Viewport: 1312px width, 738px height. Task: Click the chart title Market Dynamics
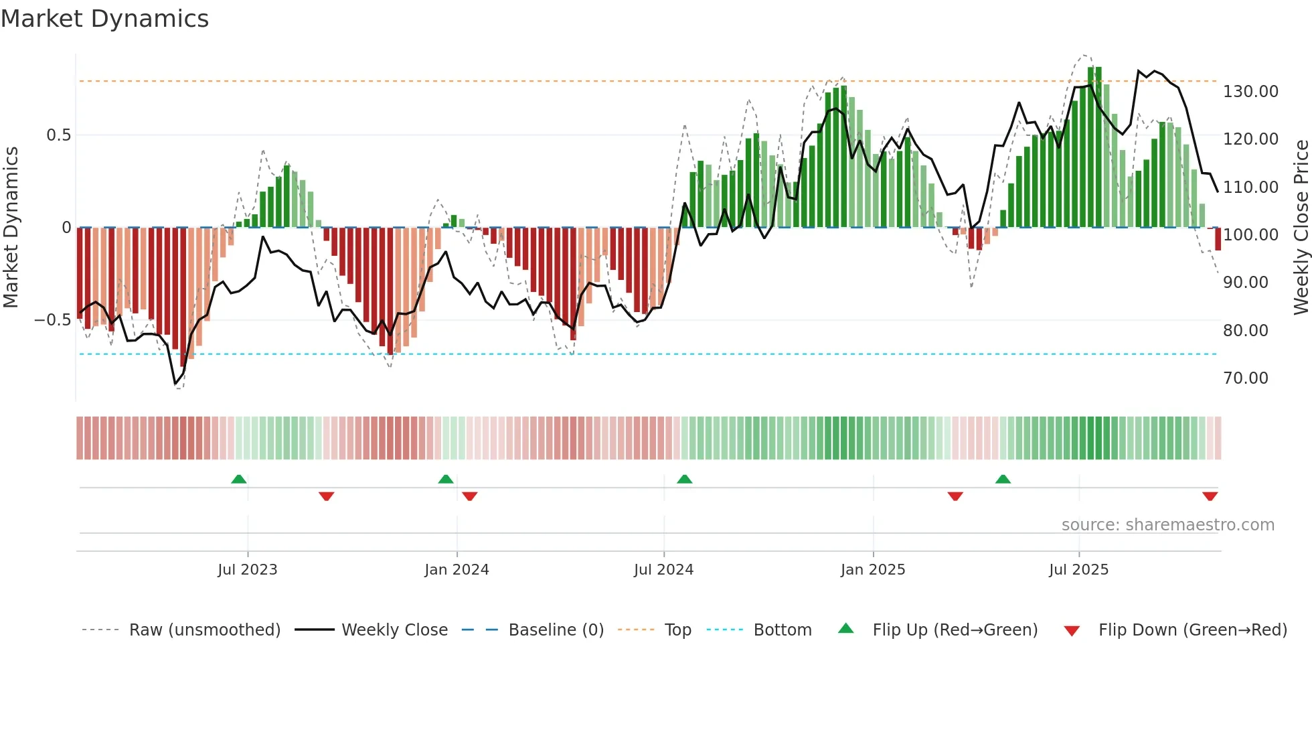104,19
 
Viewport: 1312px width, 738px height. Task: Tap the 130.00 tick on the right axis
1250,92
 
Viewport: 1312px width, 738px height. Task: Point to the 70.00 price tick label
1245,378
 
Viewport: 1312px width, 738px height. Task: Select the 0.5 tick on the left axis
58,135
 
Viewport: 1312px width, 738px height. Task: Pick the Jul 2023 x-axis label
247,570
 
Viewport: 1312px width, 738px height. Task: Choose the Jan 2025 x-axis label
872,570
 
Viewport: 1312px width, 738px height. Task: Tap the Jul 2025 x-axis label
1078,570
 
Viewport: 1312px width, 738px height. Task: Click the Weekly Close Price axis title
1301,228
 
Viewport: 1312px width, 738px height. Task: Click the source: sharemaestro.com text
1167,525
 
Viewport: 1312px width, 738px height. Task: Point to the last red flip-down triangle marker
1210,496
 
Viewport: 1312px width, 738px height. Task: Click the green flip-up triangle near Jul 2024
684,479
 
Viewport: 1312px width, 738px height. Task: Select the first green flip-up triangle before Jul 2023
239,479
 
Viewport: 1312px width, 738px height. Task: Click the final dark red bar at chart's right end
1218,239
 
